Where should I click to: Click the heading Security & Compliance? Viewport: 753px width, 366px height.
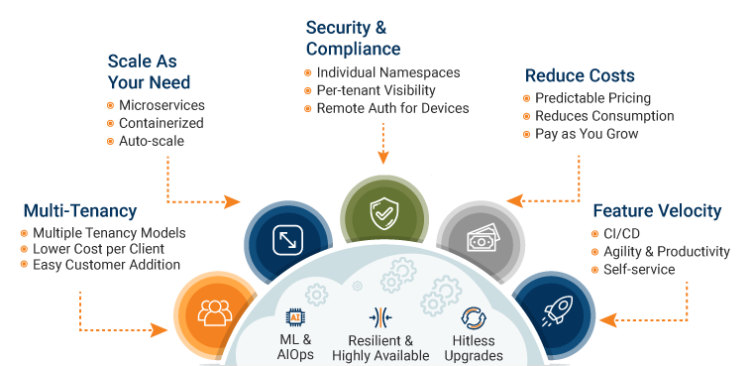(x=353, y=38)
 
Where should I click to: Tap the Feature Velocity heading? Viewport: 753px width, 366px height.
(x=657, y=211)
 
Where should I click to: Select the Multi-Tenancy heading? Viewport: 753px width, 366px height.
(x=79, y=211)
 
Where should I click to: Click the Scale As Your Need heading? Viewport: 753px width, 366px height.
(x=149, y=71)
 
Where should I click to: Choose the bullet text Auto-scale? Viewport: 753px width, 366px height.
(x=152, y=142)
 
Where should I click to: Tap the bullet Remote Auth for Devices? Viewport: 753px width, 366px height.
(x=392, y=108)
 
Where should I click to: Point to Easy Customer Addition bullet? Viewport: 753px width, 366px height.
(x=106, y=266)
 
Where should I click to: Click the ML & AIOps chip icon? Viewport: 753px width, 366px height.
(x=294, y=316)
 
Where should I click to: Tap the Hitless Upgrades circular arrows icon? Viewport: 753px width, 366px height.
(x=473, y=318)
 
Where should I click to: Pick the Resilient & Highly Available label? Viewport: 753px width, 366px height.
(x=380, y=347)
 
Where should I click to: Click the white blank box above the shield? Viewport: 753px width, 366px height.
(x=402, y=165)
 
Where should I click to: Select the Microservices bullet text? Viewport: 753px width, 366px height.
(x=161, y=105)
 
